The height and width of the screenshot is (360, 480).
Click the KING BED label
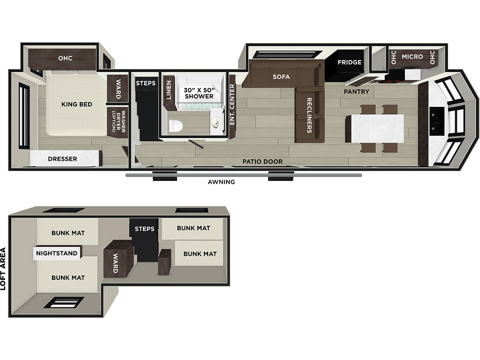[76, 105]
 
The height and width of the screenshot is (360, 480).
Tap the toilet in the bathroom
[176, 126]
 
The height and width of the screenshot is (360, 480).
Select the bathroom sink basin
[216, 123]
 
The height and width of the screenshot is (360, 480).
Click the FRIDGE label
[350, 62]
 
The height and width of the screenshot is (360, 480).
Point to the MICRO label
[412, 57]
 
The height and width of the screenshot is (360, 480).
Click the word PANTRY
[356, 91]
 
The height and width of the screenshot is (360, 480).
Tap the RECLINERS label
[309, 115]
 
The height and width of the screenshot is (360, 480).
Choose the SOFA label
[281, 77]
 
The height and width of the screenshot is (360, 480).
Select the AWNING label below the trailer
[221, 182]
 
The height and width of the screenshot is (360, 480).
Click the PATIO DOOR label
[262, 161]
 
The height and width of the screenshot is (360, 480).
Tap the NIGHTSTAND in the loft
[57, 253]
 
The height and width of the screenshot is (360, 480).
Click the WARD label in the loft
[115, 263]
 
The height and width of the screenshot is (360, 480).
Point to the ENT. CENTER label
[232, 105]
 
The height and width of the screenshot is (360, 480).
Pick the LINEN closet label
[169, 90]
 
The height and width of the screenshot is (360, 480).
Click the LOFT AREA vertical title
[3, 269]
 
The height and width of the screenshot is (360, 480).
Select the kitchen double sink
[436, 121]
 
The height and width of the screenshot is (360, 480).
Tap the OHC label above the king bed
[65, 58]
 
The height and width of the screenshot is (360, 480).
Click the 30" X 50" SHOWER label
[199, 93]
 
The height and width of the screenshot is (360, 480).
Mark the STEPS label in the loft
[144, 229]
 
